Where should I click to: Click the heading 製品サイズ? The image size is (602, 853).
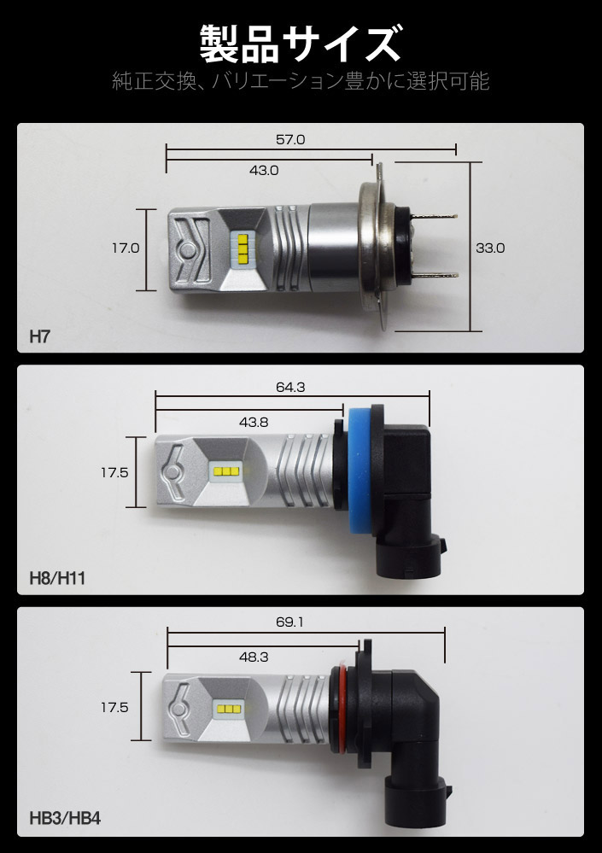(301, 44)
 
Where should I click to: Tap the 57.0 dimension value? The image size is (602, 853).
(290, 140)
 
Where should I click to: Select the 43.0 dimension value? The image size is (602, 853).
(264, 170)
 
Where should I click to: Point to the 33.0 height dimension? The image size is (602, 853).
(490, 248)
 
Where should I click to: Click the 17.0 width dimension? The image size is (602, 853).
(126, 248)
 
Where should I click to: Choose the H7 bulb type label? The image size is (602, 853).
(39, 336)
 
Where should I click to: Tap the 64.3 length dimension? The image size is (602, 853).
(290, 388)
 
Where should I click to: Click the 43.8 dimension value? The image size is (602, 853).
(254, 422)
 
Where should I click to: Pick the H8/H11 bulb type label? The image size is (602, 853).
(57, 577)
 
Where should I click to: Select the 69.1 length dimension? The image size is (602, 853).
(289, 622)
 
